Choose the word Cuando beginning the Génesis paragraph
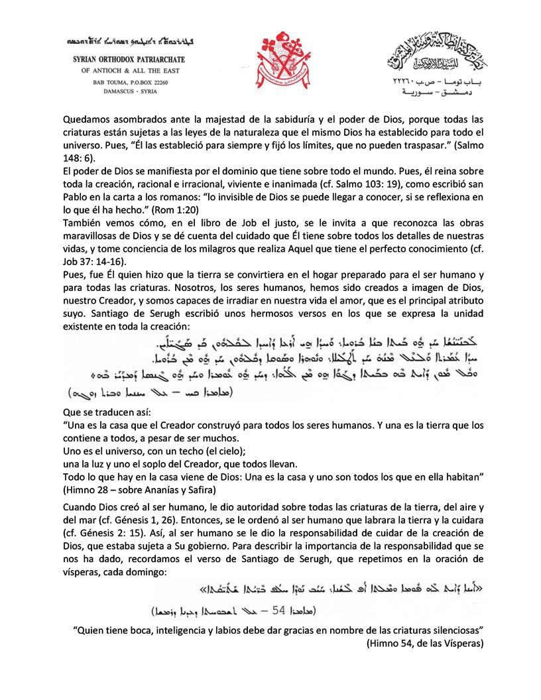(x=80, y=506)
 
